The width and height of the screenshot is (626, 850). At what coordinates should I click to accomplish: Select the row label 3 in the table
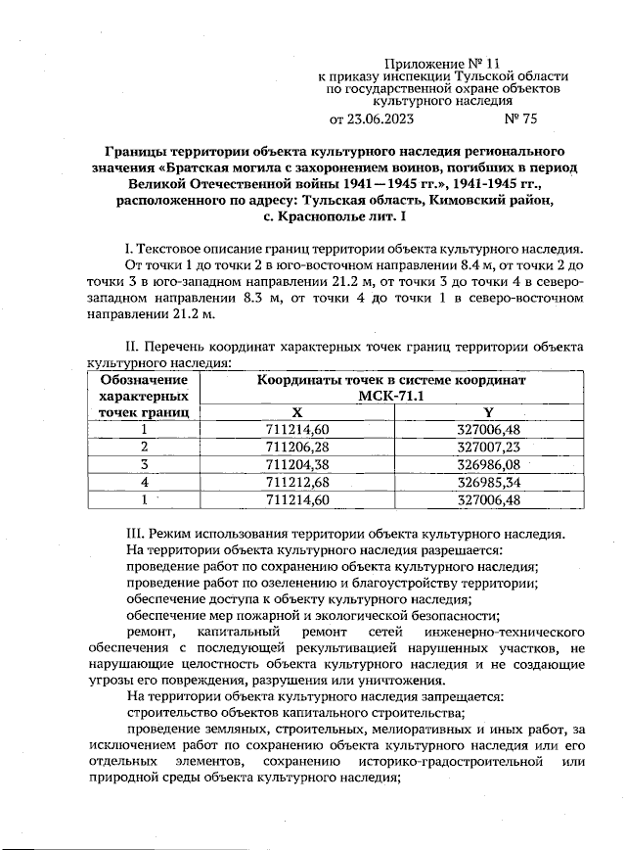[144, 463]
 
